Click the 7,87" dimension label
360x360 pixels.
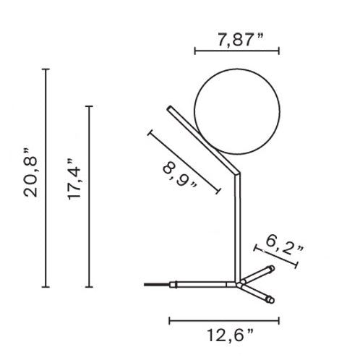pos(241,40)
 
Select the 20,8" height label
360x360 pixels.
pos(30,173)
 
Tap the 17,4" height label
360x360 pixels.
pos(74,179)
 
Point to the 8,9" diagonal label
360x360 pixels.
pos(180,175)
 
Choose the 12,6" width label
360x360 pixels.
pos(231,335)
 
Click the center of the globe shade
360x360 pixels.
pos(237,111)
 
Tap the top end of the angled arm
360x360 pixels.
pos(169,108)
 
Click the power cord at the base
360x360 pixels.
pos(157,285)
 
